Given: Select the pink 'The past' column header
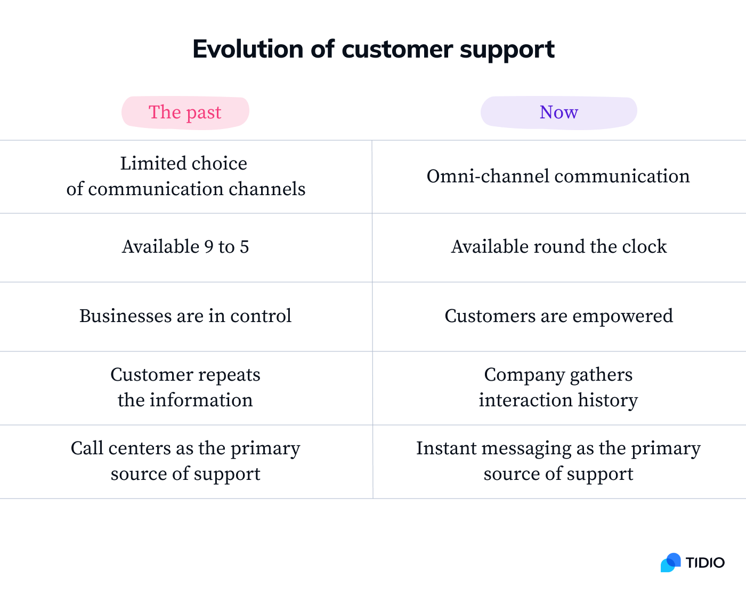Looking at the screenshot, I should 185,113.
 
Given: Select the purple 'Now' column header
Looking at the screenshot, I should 558,113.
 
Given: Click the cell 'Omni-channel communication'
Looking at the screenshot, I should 558,176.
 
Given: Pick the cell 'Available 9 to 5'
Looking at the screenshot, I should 185,247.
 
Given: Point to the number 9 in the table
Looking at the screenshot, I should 209,247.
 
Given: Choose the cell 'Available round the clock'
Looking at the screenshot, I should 558,247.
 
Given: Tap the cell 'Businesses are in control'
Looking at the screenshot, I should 185,316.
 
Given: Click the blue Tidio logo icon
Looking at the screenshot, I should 671,563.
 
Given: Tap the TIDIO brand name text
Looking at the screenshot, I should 705,563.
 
